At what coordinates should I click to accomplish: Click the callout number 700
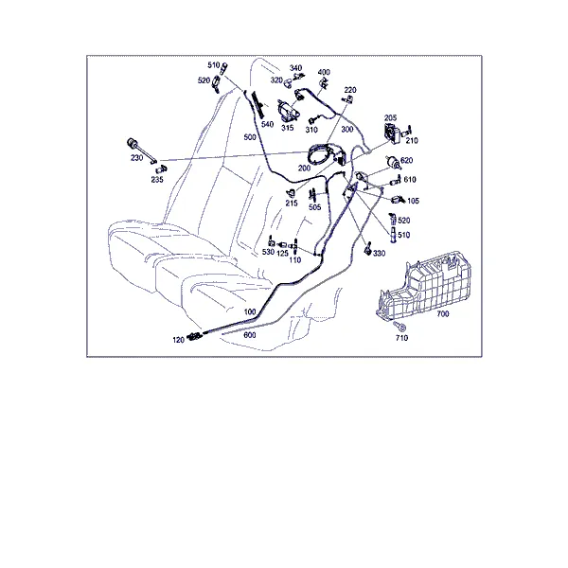tap(443, 313)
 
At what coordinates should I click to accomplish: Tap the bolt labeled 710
tap(399, 327)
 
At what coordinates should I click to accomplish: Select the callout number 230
tap(136, 158)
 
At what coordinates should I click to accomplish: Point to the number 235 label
tap(157, 180)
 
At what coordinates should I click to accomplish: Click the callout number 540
tap(267, 124)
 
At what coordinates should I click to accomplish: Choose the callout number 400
tap(324, 72)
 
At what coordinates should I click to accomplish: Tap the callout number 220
tap(350, 90)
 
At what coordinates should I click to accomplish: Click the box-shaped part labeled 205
tap(391, 133)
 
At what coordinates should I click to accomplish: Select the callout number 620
tap(407, 160)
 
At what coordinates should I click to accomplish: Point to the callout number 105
tap(413, 201)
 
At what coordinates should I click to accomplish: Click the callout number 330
tap(379, 253)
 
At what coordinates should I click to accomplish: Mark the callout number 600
tap(250, 335)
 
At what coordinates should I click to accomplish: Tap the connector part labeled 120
tap(195, 337)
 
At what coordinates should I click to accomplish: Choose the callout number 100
tap(250, 311)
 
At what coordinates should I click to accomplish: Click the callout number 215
tap(292, 204)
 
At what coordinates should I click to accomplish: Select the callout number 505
tap(315, 207)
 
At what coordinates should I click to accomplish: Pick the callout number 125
tap(282, 253)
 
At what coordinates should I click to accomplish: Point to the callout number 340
tap(295, 68)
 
